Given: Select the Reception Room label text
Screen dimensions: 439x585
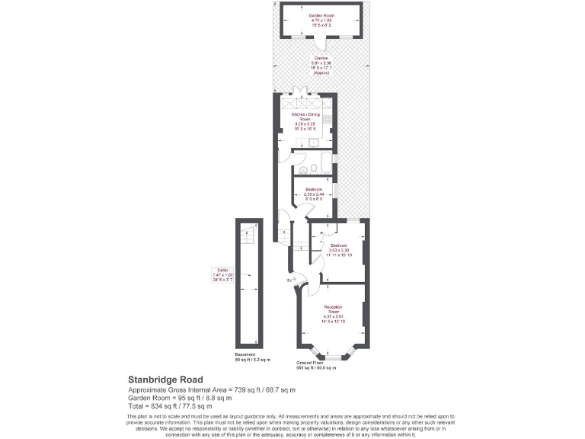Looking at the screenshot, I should click(334, 309).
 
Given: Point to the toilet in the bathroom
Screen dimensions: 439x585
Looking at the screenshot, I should click(303, 168).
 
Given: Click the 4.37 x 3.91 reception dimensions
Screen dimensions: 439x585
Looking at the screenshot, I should click(333, 318).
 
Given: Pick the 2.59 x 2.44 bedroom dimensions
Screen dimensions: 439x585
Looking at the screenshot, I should click(314, 194).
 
